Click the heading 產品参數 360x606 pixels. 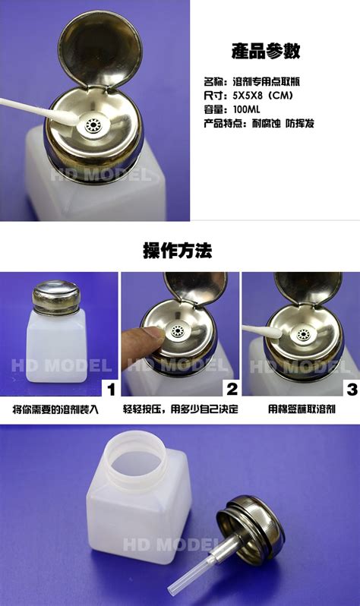tap(266, 51)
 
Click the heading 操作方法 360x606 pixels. tap(178, 251)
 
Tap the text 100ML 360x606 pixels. tap(246, 109)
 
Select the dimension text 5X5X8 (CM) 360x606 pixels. tap(263, 95)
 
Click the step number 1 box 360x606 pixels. tap(111, 388)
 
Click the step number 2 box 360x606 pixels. tap(232, 388)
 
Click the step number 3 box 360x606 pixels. tap(352, 388)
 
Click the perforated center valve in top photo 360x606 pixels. tap(93, 125)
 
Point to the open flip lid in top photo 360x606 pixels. tap(100, 49)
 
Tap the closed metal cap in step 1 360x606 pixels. tap(56, 296)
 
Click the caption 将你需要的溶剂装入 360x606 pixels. tap(56, 409)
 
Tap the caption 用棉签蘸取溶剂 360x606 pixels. tap(302, 409)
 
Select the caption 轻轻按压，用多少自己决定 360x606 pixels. tap(181, 409)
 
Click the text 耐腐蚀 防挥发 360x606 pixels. tap(283, 124)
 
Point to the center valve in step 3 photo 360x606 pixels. tap(303, 335)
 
